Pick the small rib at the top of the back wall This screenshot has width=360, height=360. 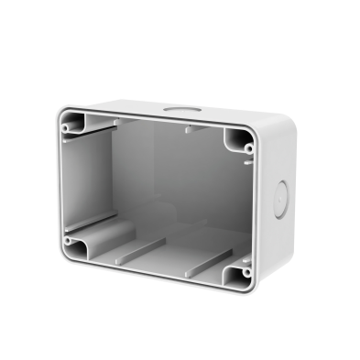[188, 129]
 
